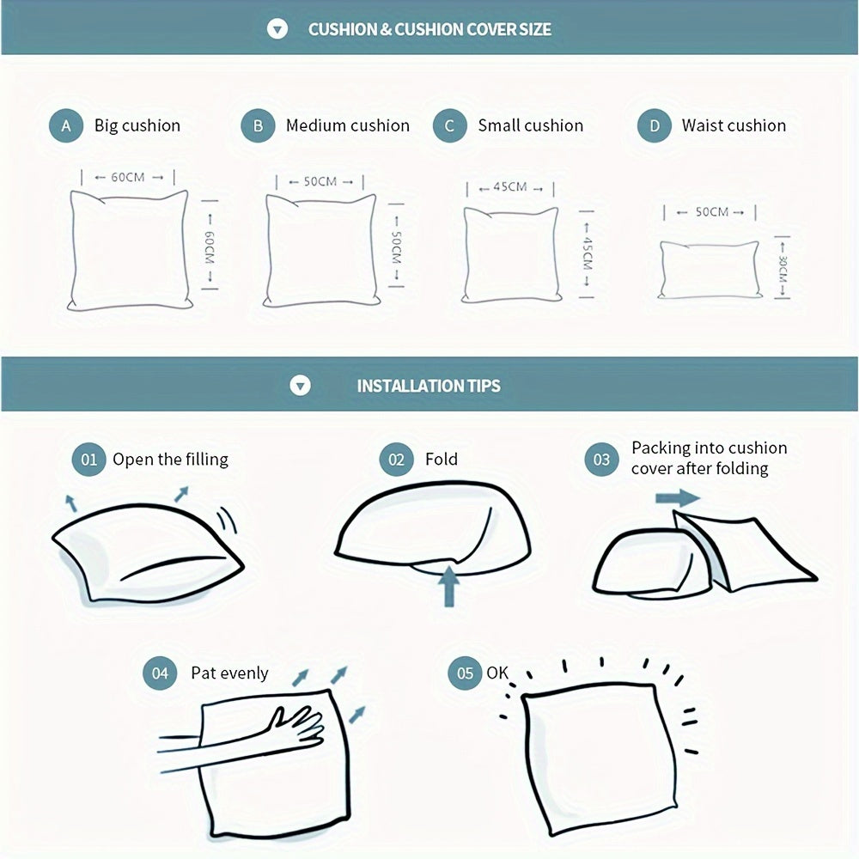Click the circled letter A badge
[66, 125]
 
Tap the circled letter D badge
[654, 125]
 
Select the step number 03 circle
[601, 459]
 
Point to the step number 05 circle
[465, 673]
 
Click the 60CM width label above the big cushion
[128, 177]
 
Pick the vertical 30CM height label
[783, 268]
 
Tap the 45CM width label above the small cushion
[510, 186]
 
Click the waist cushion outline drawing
[710, 270]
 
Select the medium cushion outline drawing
[321, 250]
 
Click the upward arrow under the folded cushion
[449, 586]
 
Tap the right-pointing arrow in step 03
[678, 498]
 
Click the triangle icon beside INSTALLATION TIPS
[300, 386]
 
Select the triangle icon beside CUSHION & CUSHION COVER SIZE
[277, 28]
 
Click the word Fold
[441, 459]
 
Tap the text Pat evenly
[229, 673]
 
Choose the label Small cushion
[530, 125]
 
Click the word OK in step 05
[497, 673]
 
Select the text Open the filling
[170, 459]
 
